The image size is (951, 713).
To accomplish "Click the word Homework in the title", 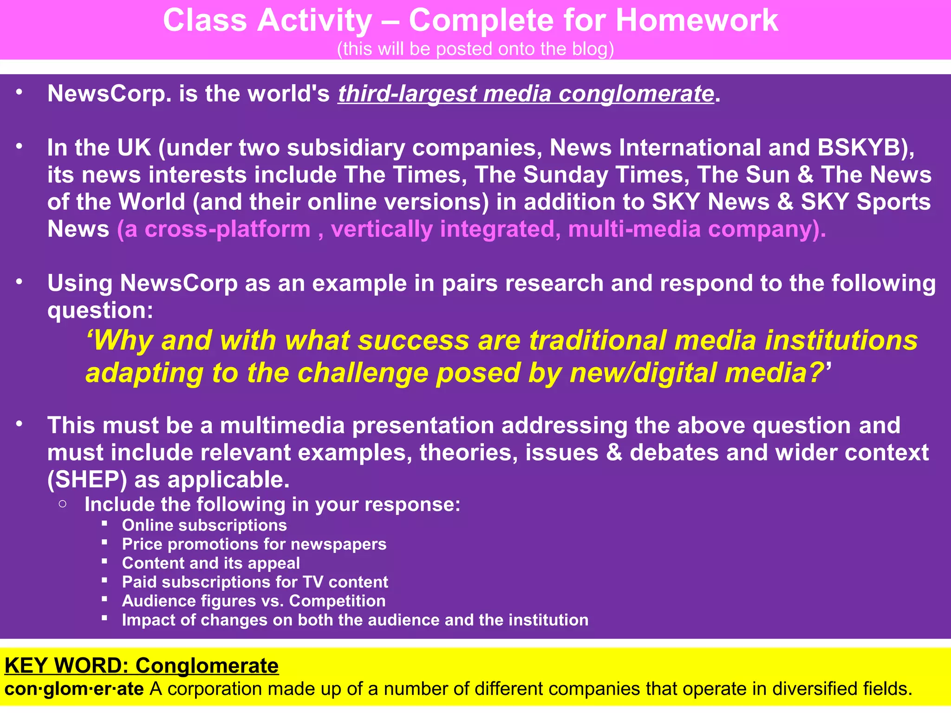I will [697, 21].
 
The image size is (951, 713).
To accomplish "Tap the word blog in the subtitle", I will [590, 49].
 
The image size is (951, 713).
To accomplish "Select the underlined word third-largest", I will [407, 94].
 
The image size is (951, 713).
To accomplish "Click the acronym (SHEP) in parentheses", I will [87, 480].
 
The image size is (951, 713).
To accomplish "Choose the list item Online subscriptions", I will [204, 525].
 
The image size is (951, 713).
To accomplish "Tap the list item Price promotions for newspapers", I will [254, 544].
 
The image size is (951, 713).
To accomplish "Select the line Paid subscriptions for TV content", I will [255, 582].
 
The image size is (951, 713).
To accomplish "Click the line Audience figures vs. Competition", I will [254, 601].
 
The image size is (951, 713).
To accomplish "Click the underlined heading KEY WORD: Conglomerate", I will [142, 666].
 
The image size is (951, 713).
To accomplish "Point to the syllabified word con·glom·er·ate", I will [74, 689].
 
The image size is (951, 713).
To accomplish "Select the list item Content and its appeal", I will [211, 563].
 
